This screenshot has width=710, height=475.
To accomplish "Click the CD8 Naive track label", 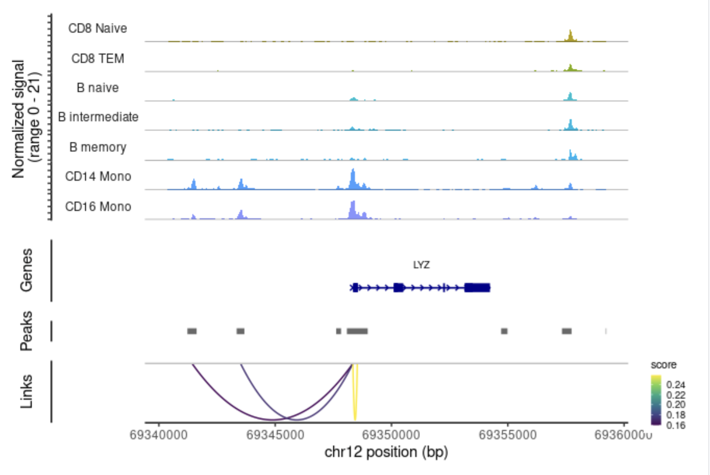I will [97, 29].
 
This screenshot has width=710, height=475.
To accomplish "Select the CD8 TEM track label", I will [97, 58].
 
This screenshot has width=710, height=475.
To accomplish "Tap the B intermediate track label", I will [98, 117].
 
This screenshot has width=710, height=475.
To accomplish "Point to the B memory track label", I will [97, 147].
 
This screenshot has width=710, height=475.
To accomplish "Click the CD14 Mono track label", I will [98, 176].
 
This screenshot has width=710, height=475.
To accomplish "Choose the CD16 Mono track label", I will [98, 207].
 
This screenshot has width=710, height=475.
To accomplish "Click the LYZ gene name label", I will [421, 265].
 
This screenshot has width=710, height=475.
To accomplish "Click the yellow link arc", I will [355, 399].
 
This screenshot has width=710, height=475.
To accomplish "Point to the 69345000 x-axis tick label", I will [275, 435].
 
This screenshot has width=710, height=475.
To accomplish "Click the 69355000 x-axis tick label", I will [507, 435].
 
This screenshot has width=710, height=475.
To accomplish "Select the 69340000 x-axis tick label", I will [159, 435].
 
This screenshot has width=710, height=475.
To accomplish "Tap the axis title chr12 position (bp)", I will [386, 452].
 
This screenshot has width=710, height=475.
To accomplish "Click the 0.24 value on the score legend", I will [676, 385].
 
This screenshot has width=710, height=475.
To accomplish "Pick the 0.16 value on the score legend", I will [676, 425].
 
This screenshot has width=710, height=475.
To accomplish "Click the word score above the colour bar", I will [663, 365].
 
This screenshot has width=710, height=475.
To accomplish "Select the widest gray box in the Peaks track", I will [357, 331].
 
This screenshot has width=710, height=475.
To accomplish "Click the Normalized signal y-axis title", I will [25, 119].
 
